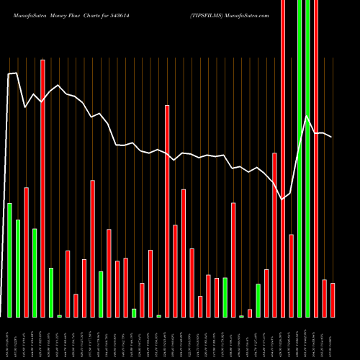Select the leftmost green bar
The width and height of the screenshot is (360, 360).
click(x=9, y=259)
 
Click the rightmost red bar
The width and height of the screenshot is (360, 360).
click(x=333, y=300)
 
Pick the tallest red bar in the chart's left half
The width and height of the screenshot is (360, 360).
click(x=42, y=187)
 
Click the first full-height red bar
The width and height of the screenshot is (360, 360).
click(x=283, y=158)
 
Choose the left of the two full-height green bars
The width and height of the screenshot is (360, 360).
click(x=300, y=158)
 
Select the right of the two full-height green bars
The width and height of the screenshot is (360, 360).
click(x=308, y=158)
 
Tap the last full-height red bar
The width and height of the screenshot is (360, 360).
click(x=316, y=158)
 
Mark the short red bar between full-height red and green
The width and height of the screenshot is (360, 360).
click(x=291, y=275)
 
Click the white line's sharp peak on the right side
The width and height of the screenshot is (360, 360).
click(x=307, y=116)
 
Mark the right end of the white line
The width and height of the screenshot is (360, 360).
click(x=332, y=137)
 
